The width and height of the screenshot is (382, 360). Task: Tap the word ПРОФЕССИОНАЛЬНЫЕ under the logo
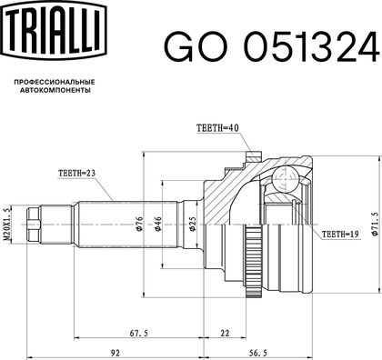55,82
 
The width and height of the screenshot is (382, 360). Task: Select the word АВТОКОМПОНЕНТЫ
55,90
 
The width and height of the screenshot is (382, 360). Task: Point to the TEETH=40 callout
217,128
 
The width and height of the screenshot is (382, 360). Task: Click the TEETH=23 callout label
77,174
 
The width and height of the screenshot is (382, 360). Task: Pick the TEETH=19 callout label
340,234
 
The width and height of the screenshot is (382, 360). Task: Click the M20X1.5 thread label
7,224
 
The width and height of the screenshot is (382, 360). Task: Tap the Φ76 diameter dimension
139,224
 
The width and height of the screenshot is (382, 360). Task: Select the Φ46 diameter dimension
158,224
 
